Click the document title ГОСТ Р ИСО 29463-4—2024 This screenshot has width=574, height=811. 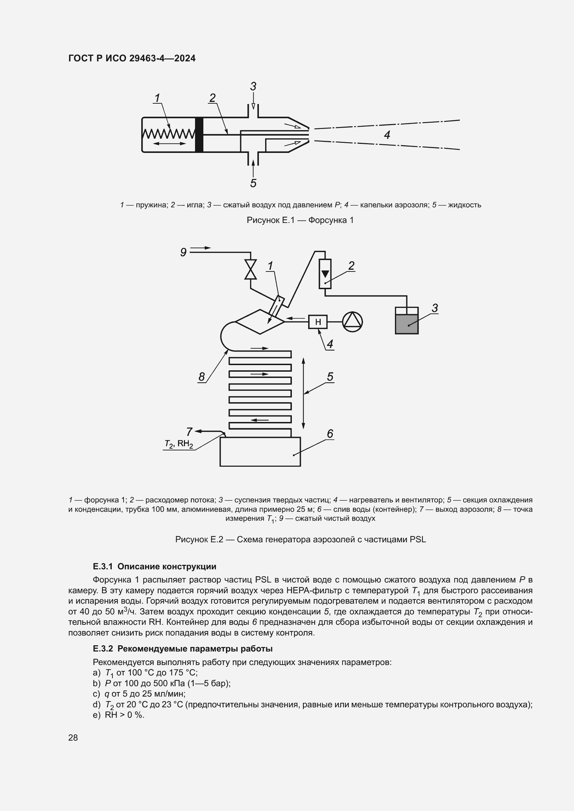132,58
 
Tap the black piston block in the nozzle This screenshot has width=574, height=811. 199,134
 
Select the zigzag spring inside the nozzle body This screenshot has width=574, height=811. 169,134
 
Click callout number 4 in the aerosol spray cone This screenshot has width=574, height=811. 387,135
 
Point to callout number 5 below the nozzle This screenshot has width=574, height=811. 253,183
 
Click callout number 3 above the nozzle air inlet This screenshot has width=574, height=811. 253,87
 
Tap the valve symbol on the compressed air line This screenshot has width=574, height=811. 251,269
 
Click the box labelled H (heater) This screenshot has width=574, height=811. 318,322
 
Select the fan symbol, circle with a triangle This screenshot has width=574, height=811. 352,322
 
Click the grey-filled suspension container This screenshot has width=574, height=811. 406,323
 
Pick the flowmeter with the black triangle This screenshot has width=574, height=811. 325,274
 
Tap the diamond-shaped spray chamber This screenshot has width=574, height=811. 260,322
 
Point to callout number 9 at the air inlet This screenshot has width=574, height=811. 183,252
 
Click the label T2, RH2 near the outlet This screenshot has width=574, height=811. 179,444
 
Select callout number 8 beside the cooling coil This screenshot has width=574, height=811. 202,377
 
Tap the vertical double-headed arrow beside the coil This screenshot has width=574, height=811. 303,393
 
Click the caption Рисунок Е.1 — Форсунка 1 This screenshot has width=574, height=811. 300,220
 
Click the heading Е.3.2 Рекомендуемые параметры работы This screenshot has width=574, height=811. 183,648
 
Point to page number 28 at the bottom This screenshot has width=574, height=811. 73,737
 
